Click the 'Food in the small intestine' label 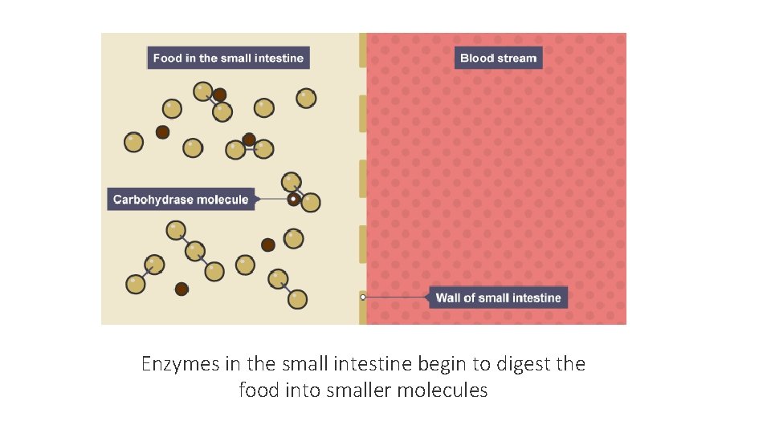(x=228, y=58)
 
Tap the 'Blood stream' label (x=498, y=58)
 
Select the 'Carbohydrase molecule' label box (x=181, y=199)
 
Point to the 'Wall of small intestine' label (x=498, y=297)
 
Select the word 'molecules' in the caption (x=448, y=391)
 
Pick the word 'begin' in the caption (x=441, y=364)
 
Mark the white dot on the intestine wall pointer (x=363, y=297)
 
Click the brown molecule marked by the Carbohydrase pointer (x=294, y=199)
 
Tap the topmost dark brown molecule (x=219, y=95)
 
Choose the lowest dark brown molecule (x=182, y=289)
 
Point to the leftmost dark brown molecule (x=162, y=132)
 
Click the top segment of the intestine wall (x=363, y=51)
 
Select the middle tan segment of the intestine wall (x=363, y=178)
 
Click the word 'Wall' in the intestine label (x=448, y=297)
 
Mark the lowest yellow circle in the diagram (x=297, y=299)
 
